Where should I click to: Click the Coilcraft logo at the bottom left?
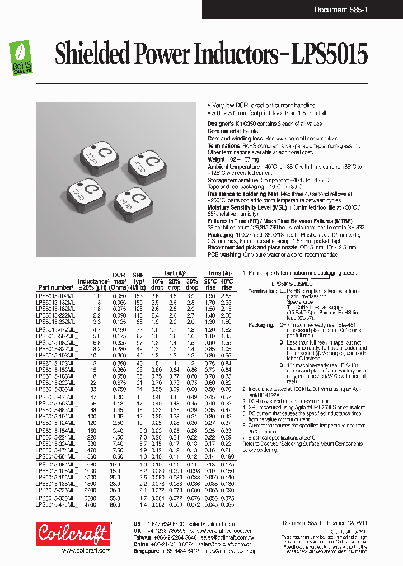[x=73, y=534]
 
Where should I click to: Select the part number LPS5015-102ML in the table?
[x=57, y=295]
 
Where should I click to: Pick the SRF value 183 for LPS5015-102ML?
[x=138, y=295]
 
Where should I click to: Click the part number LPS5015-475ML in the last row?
[x=57, y=504]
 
